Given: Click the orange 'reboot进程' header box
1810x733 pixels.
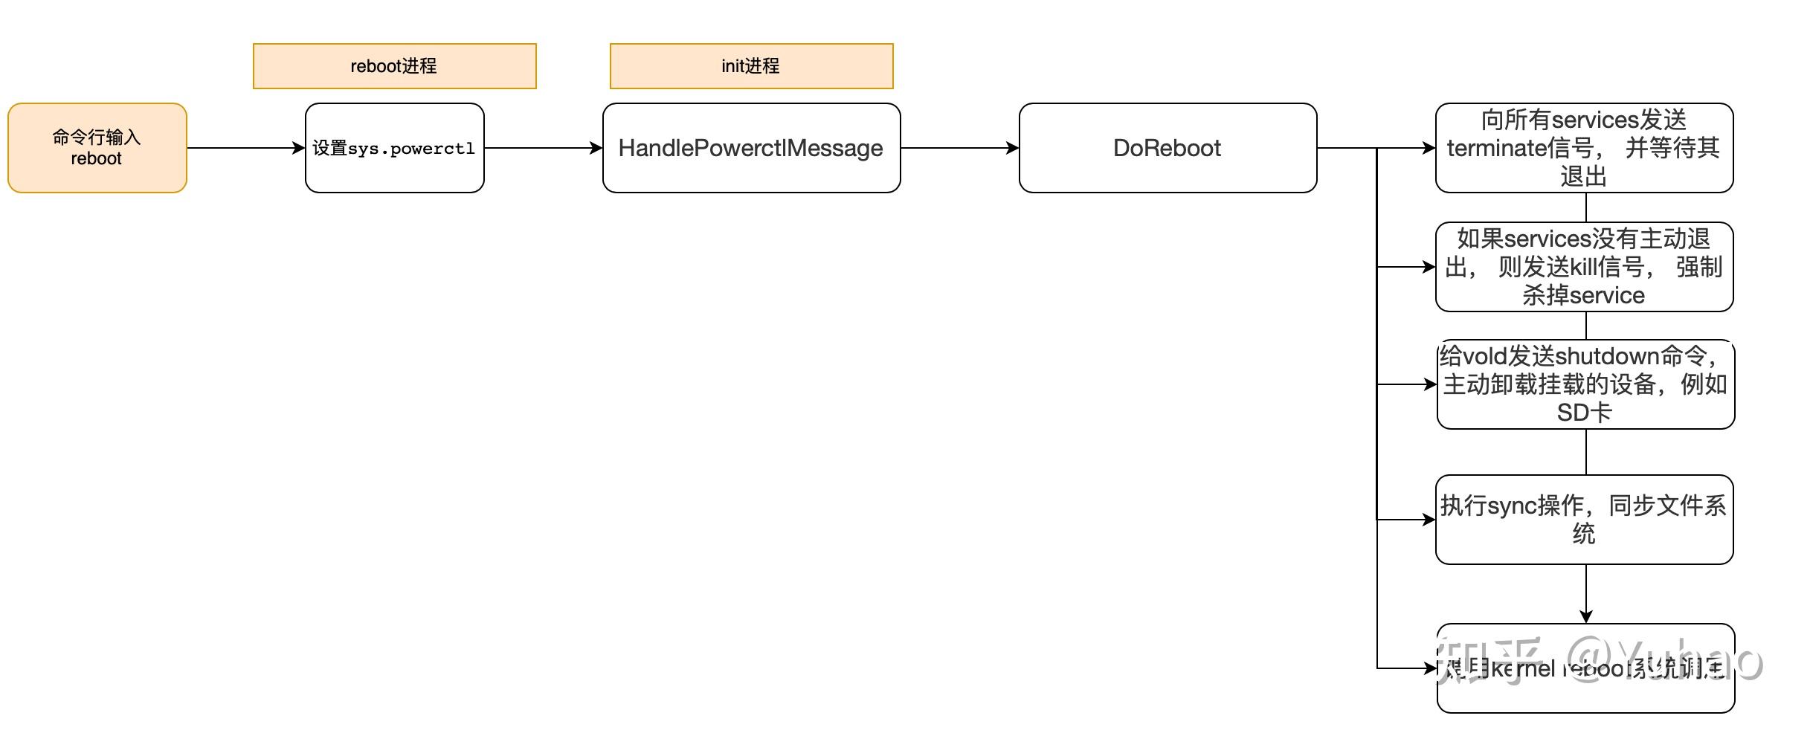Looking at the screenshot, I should tap(394, 66).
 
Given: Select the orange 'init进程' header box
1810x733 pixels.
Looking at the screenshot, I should tap(751, 66).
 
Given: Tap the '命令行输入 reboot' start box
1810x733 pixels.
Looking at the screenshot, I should tap(97, 148).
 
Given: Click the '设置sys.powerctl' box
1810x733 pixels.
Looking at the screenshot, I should tap(394, 148).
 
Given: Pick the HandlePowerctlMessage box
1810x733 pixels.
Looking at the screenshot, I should tap(751, 148).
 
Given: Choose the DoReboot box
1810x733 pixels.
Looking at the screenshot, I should tap(1168, 148).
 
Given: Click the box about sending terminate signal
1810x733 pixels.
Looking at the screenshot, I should tap(1584, 148).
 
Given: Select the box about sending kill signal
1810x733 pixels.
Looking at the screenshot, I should tap(1584, 267).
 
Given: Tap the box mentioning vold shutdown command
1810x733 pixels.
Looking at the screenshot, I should tap(1585, 384).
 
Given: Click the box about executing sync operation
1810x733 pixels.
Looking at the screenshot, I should tap(1584, 520).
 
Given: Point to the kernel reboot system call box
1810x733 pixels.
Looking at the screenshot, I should tap(1585, 668).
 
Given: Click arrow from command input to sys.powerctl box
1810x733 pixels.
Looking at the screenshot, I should tap(245, 148).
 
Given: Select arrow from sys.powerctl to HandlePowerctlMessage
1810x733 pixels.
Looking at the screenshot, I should tap(543, 148).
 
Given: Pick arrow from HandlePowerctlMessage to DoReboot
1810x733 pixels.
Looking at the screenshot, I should tap(959, 148).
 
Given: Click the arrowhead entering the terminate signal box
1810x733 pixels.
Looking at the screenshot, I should tap(1429, 148).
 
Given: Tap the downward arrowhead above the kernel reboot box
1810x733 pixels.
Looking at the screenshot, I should tap(1585, 616).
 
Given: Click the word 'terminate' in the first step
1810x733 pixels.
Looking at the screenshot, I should tap(1496, 148).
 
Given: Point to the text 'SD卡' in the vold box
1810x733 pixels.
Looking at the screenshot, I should tap(1584, 413).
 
